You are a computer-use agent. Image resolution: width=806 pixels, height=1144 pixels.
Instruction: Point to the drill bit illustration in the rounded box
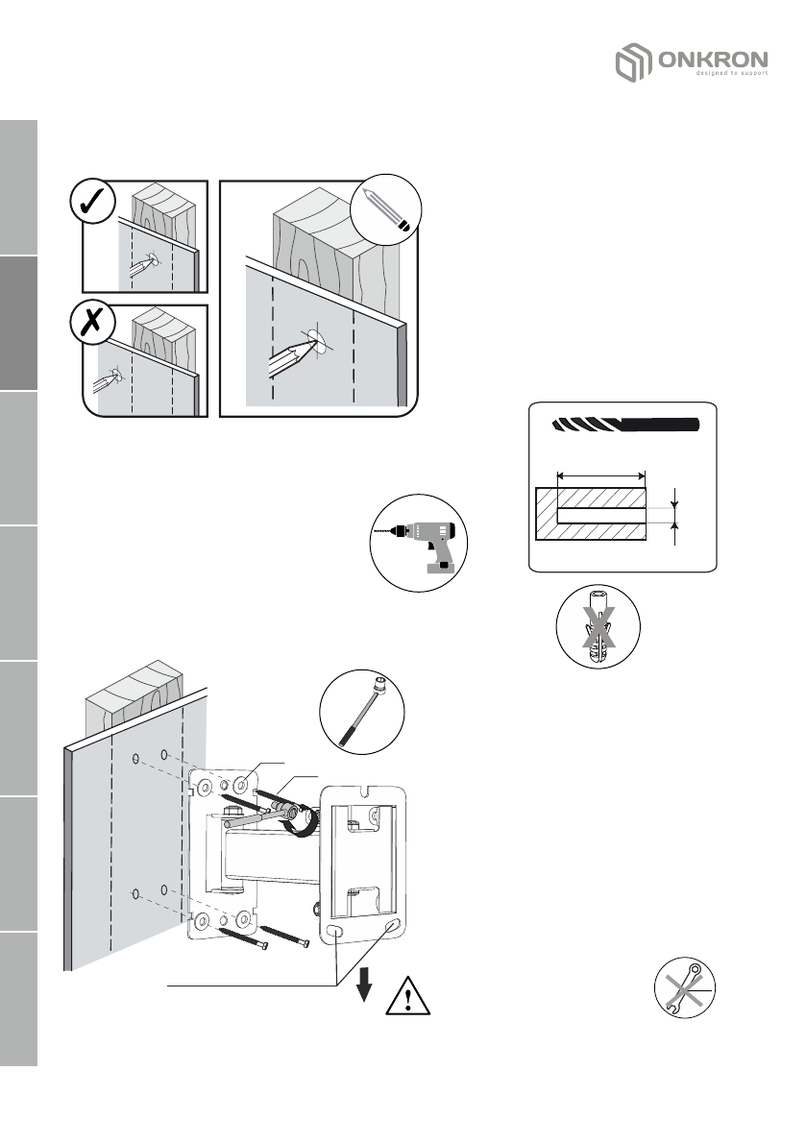pos(624,425)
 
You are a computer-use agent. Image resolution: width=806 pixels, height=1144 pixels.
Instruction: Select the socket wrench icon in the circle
pos(362,713)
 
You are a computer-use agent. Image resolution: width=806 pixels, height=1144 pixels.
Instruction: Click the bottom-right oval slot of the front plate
pos(390,928)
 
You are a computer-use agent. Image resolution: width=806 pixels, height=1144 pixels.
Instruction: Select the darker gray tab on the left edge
pos(17,324)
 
